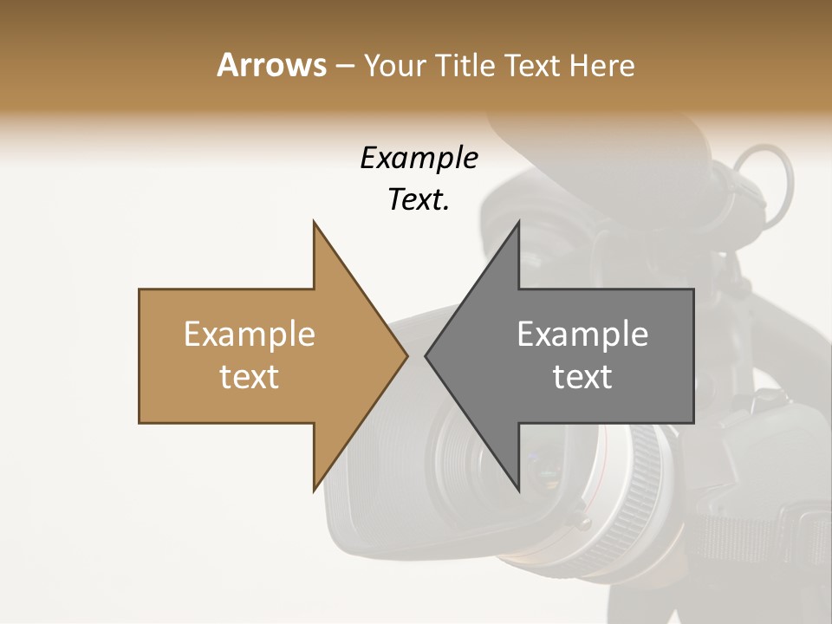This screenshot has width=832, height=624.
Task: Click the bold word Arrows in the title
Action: (271, 65)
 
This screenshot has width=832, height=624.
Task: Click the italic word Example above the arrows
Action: (419, 159)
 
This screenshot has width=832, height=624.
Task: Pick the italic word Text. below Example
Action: (419, 200)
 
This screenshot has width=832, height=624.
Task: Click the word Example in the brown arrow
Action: (250, 335)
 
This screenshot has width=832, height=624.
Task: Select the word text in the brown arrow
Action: (250, 377)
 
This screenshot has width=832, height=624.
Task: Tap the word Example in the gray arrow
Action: (582, 335)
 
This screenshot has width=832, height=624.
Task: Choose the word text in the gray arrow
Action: (582, 377)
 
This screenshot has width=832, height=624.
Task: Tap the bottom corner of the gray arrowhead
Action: (518, 490)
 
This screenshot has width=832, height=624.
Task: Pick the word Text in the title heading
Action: (531, 65)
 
